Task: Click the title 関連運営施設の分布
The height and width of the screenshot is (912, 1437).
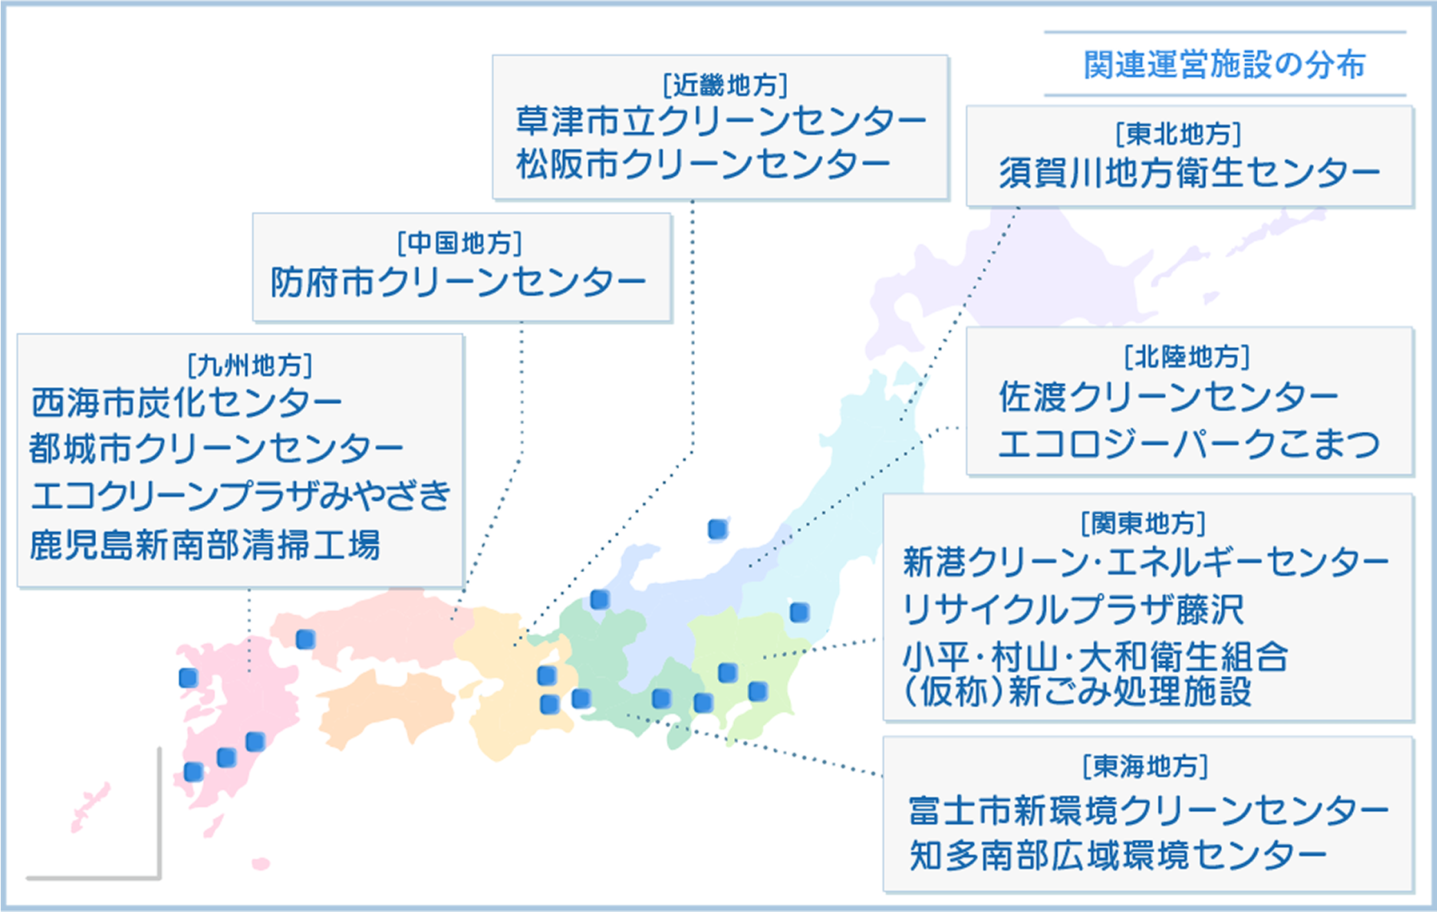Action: click(x=1224, y=65)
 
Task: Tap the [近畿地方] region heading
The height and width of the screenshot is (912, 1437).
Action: click(x=725, y=85)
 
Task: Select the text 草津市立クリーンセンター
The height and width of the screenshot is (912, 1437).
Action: click(x=720, y=122)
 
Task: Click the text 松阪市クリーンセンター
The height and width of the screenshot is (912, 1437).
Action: click(x=703, y=165)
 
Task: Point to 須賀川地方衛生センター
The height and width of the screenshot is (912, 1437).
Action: click(x=1189, y=173)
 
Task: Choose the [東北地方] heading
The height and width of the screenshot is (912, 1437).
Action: click(x=1179, y=134)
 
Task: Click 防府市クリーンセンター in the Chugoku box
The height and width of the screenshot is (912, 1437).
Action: click(x=458, y=282)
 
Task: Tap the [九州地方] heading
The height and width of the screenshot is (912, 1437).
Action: click(x=249, y=366)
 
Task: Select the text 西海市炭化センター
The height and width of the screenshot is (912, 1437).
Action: click(x=187, y=402)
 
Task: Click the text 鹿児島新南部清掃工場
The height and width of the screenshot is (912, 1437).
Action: click(x=206, y=546)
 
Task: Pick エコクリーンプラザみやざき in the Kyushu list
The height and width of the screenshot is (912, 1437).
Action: click(x=241, y=496)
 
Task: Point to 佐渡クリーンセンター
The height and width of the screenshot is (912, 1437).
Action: click(x=1168, y=397)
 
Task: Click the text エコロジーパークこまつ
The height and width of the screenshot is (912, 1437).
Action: click(x=1189, y=444)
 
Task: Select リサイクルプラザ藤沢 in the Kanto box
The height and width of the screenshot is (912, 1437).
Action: click(x=1073, y=610)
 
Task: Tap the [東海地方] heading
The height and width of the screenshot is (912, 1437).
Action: click(x=1145, y=766)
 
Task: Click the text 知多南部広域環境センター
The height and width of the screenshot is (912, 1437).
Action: click(x=1118, y=855)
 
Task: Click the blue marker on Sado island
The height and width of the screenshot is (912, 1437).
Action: click(x=717, y=529)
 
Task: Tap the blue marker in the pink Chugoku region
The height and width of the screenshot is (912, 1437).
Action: click(x=305, y=639)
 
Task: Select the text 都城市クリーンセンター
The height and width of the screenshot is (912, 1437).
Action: click(x=216, y=449)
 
